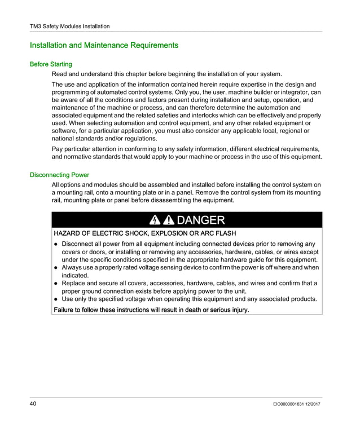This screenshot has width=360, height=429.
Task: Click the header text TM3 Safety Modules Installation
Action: tap(69, 26)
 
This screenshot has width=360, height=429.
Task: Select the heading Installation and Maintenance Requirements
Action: tap(104, 45)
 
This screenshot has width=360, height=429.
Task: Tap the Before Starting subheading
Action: tap(51, 64)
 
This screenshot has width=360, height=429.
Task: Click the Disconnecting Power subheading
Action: tap(59, 175)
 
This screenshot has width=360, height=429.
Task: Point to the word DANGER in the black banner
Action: tap(201, 220)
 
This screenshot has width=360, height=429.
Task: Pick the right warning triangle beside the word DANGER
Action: tap(169, 220)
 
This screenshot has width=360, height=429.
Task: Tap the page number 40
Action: tap(34, 405)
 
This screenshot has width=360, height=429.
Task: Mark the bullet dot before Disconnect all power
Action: tap(56, 245)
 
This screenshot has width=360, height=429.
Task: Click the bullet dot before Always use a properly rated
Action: tap(56, 268)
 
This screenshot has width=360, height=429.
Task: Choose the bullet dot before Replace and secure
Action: tap(56, 284)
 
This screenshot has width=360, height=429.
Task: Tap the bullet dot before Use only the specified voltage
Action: tap(56, 299)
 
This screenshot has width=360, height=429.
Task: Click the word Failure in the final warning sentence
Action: tap(66, 310)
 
